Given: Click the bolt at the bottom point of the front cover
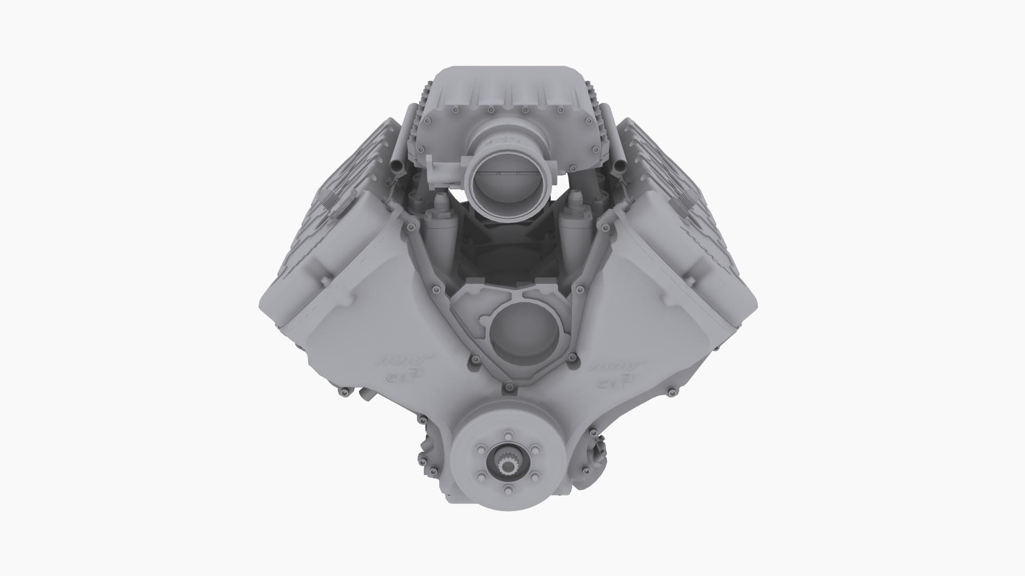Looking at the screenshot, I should pos(512,385).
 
